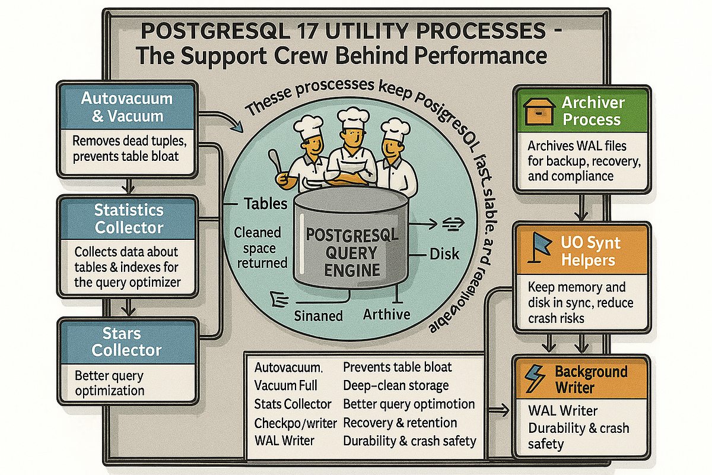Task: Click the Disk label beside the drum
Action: [x=444, y=254]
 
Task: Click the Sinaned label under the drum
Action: [x=319, y=315]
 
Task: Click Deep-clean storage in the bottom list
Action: [x=396, y=385]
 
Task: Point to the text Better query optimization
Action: [x=110, y=383]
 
